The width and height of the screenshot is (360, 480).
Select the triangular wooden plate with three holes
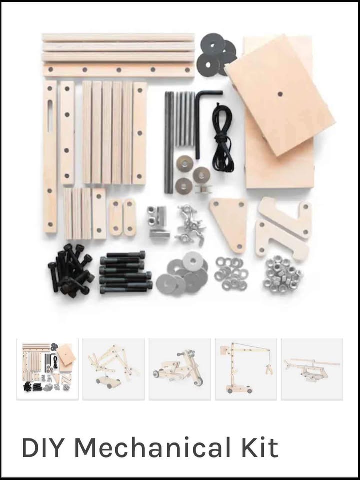[x=229, y=223]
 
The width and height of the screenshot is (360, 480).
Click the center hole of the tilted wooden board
[x=280, y=94]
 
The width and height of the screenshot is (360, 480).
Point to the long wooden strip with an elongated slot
[x=50, y=156]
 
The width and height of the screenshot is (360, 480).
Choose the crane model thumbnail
[x=246, y=369]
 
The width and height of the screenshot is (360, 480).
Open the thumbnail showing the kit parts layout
[x=48, y=369]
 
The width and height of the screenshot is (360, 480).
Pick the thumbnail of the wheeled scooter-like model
[x=180, y=369]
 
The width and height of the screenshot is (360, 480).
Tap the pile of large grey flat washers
[x=183, y=273]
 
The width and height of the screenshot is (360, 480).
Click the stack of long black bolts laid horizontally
[x=126, y=272]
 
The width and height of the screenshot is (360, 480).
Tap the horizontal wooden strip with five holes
[x=119, y=70]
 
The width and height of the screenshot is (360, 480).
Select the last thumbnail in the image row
[x=312, y=369]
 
